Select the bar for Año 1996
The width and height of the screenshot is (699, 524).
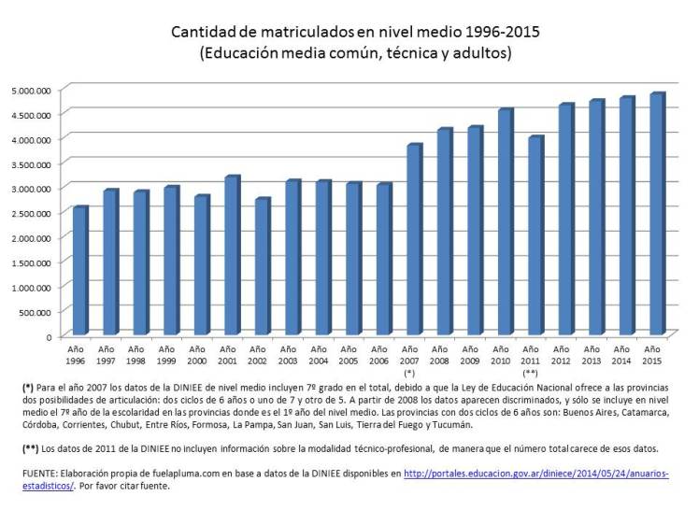pyautogui.click(x=79, y=271)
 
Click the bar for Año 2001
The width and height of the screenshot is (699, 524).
pyautogui.click(x=231, y=255)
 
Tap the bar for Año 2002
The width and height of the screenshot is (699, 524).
pyautogui.click(x=262, y=267)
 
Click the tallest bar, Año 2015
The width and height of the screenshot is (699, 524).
pyautogui.click(x=656, y=214)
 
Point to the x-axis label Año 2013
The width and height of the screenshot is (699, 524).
pyautogui.click(x=594, y=353)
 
